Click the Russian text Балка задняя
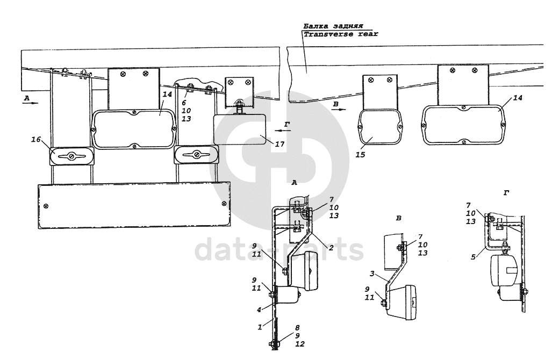coord(333,25)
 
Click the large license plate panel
coord(134,204)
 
